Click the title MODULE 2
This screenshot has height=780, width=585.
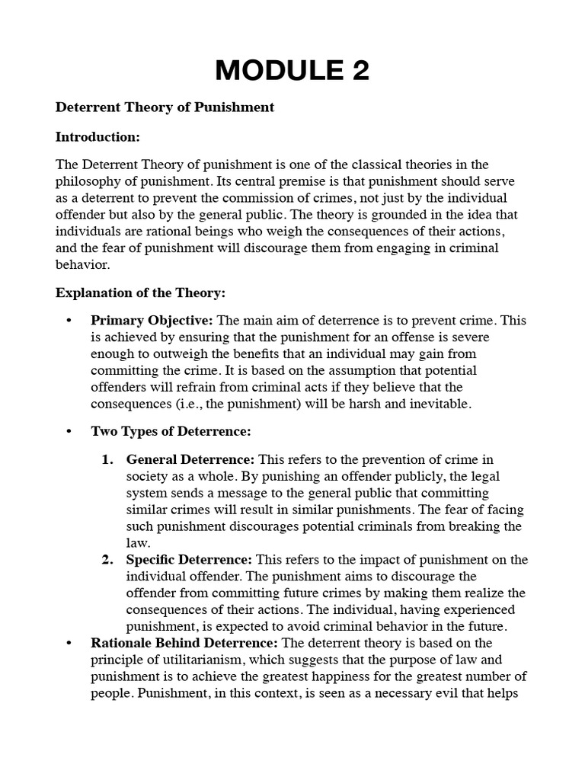(292, 70)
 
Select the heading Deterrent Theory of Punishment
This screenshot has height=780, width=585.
(165, 107)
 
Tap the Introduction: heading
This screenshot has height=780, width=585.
(97, 137)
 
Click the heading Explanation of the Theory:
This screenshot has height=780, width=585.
(140, 292)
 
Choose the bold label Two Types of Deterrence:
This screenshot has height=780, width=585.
(171, 431)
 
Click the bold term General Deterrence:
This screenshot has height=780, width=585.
(191, 459)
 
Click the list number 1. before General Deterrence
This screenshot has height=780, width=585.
(107, 459)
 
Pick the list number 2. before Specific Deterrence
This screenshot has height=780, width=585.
(107, 560)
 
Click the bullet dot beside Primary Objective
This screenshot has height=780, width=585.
(70, 321)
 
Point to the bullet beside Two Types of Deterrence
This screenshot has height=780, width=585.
(70, 432)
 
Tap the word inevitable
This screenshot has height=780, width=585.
(436, 404)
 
